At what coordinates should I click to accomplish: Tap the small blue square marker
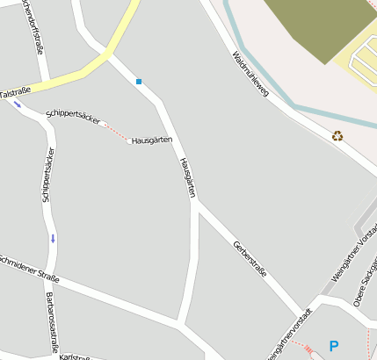(x=139, y=82)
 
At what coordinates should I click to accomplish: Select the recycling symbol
(x=337, y=135)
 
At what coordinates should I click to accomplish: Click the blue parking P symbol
(x=333, y=346)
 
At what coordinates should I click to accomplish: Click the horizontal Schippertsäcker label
(x=73, y=118)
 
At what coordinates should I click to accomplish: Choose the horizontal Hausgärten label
(x=151, y=140)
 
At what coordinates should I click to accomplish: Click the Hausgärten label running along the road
(x=186, y=176)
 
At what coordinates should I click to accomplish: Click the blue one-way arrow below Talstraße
(x=18, y=105)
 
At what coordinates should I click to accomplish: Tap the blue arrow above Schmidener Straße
(x=53, y=237)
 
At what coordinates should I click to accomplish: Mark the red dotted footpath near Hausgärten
(x=114, y=132)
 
